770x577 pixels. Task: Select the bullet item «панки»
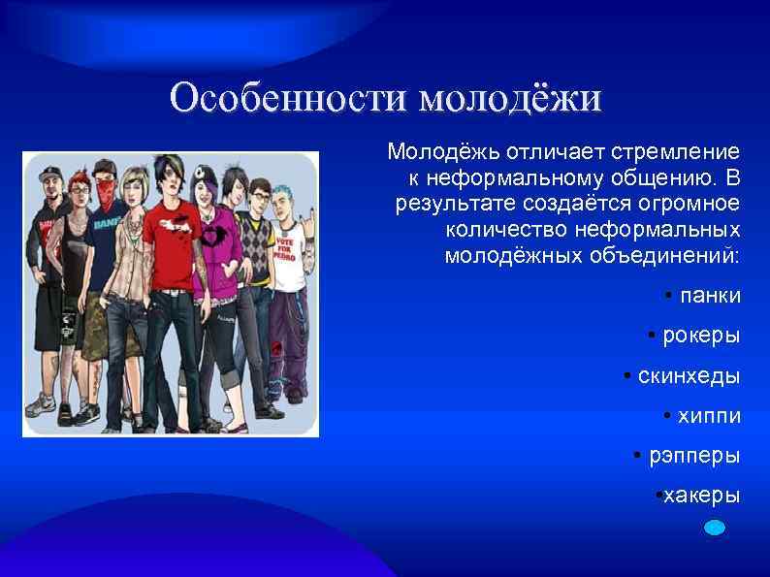pyautogui.click(x=710, y=295)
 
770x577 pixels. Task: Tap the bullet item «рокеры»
pyautogui.click(x=700, y=336)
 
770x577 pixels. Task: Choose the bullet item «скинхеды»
pyautogui.click(x=689, y=375)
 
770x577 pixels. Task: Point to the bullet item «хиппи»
pyautogui.click(x=710, y=415)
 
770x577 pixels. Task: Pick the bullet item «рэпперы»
pyautogui.click(x=693, y=455)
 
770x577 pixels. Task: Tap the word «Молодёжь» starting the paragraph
pyautogui.click(x=433, y=152)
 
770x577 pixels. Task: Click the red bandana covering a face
pyautogui.click(x=107, y=192)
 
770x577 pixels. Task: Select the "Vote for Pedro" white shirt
pyautogui.click(x=288, y=247)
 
